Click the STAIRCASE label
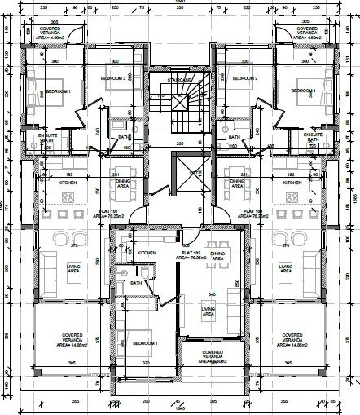[179, 80]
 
